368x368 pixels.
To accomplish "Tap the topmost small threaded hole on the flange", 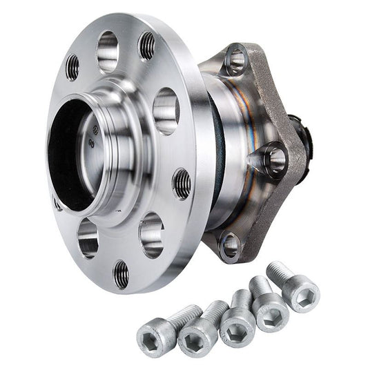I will [147, 46].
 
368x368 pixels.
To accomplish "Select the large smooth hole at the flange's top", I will [108, 49].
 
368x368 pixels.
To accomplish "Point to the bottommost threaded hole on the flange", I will [121, 274].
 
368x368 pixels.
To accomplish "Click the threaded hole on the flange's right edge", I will [182, 183].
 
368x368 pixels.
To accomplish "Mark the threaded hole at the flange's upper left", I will [72, 67].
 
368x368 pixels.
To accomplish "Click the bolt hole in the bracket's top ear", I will [235, 60].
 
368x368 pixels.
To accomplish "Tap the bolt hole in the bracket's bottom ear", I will [230, 245].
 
